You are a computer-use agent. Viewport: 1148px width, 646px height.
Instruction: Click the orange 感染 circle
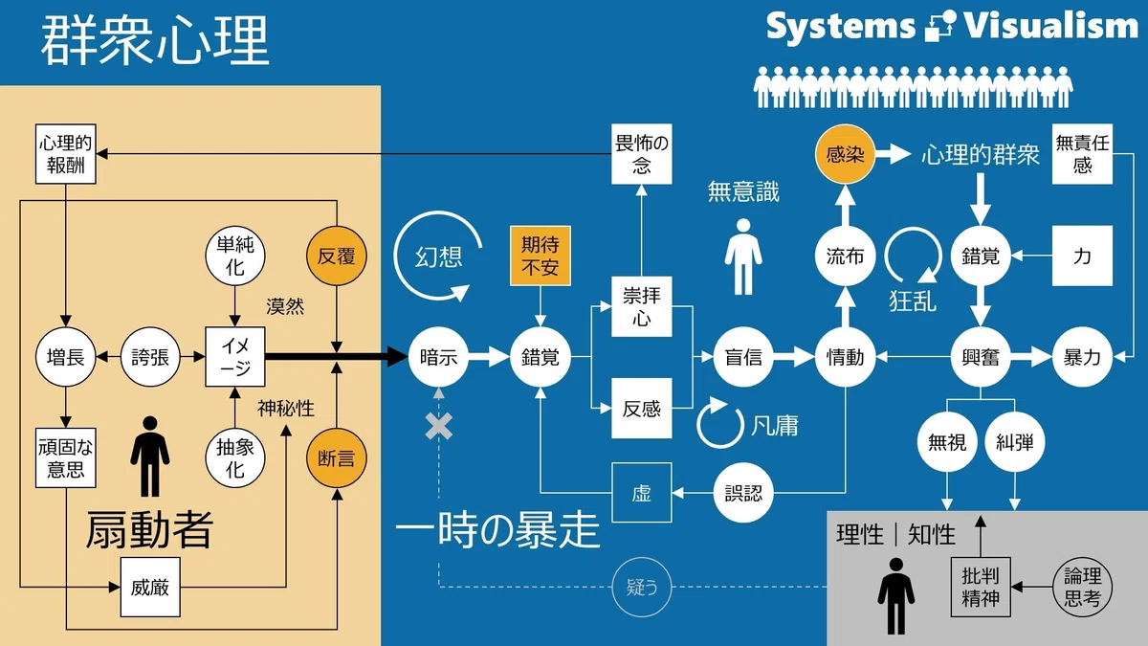pyautogui.click(x=845, y=154)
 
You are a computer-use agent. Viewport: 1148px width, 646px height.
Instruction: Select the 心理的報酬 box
pyautogui.click(x=66, y=154)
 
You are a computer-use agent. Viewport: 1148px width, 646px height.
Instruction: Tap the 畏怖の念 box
pyautogui.click(x=642, y=154)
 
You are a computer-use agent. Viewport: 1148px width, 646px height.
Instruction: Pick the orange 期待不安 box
pyautogui.click(x=541, y=256)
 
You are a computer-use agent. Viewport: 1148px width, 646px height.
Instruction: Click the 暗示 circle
pyautogui.click(x=439, y=357)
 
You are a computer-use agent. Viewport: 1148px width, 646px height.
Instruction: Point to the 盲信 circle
pyautogui.click(x=743, y=357)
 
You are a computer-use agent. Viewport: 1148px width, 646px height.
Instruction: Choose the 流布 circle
pyautogui.click(x=845, y=256)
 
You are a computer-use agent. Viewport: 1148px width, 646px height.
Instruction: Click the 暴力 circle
pyautogui.click(x=1082, y=357)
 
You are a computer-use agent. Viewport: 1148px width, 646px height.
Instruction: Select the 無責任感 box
pyautogui.click(x=1082, y=154)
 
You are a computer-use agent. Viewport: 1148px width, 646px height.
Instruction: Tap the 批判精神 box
pyautogui.click(x=981, y=587)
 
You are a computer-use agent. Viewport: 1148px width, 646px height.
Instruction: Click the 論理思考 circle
pyautogui.click(x=1082, y=587)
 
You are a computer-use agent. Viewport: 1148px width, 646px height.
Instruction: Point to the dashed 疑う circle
pyautogui.click(x=642, y=587)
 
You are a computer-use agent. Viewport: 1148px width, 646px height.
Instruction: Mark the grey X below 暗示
pyautogui.click(x=439, y=426)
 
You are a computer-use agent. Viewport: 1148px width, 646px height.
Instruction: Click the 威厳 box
pyautogui.click(x=150, y=587)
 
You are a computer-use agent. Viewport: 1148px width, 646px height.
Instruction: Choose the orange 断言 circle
pyautogui.click(x=337, y=457)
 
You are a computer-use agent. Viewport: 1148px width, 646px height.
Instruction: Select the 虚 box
pyautogui.click(x=642, y=493)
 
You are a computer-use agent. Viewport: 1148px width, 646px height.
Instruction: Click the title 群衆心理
pyautogui.click(x=155, y=39)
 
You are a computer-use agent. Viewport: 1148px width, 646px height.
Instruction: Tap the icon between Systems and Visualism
pyautogui.click(x=940, y=26)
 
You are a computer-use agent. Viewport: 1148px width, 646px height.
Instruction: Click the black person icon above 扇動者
pyautogui.click(x=150, y=457)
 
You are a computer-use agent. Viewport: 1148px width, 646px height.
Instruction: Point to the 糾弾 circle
pyautogui.click(x=1015, y=441)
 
